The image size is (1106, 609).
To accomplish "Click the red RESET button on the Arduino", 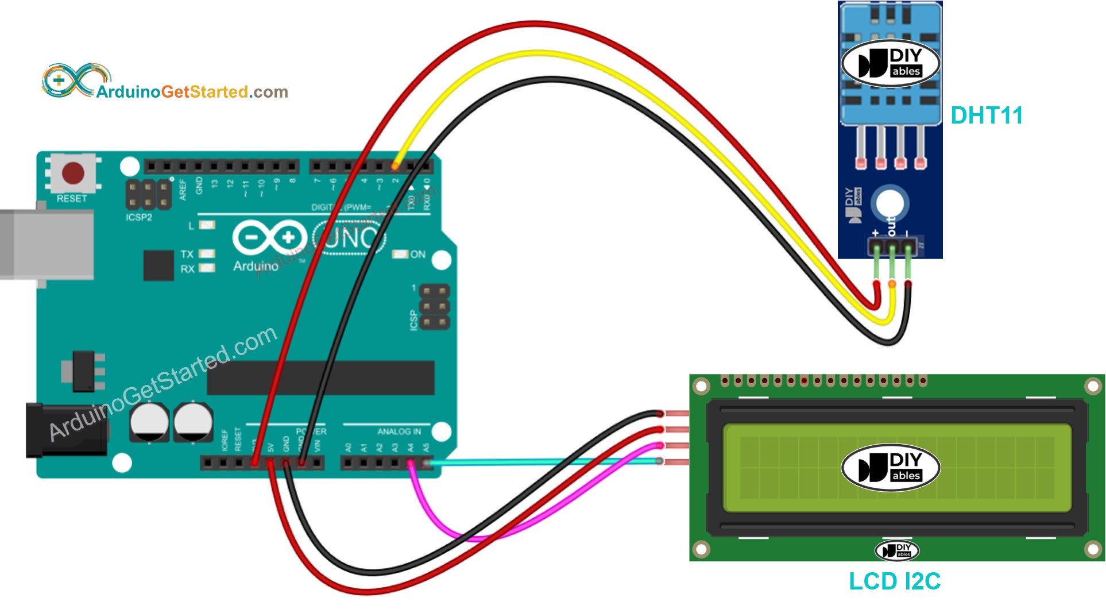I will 73,172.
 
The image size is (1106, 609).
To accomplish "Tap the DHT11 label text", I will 986,115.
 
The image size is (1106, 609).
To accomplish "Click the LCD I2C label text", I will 894,581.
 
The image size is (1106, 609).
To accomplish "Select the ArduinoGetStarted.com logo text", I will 192,92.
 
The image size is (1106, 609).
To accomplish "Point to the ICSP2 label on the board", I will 139,217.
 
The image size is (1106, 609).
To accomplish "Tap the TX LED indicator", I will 207,253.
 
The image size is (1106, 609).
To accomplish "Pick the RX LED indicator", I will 207,268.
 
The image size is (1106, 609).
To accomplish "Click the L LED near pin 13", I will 207,225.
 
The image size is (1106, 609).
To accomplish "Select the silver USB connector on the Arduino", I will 46,244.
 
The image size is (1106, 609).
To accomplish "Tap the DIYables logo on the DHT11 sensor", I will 890,63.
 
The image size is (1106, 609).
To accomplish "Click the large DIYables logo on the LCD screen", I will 890,467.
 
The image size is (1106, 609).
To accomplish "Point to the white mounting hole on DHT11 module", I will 890,203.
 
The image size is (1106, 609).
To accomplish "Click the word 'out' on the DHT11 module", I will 891,226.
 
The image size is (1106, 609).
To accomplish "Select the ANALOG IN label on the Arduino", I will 399,431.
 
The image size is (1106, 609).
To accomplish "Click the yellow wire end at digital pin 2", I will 395,166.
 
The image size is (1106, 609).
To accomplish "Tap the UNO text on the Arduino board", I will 349,237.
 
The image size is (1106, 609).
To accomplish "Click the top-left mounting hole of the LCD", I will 701,386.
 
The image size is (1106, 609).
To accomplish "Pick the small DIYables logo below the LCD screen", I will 896,550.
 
